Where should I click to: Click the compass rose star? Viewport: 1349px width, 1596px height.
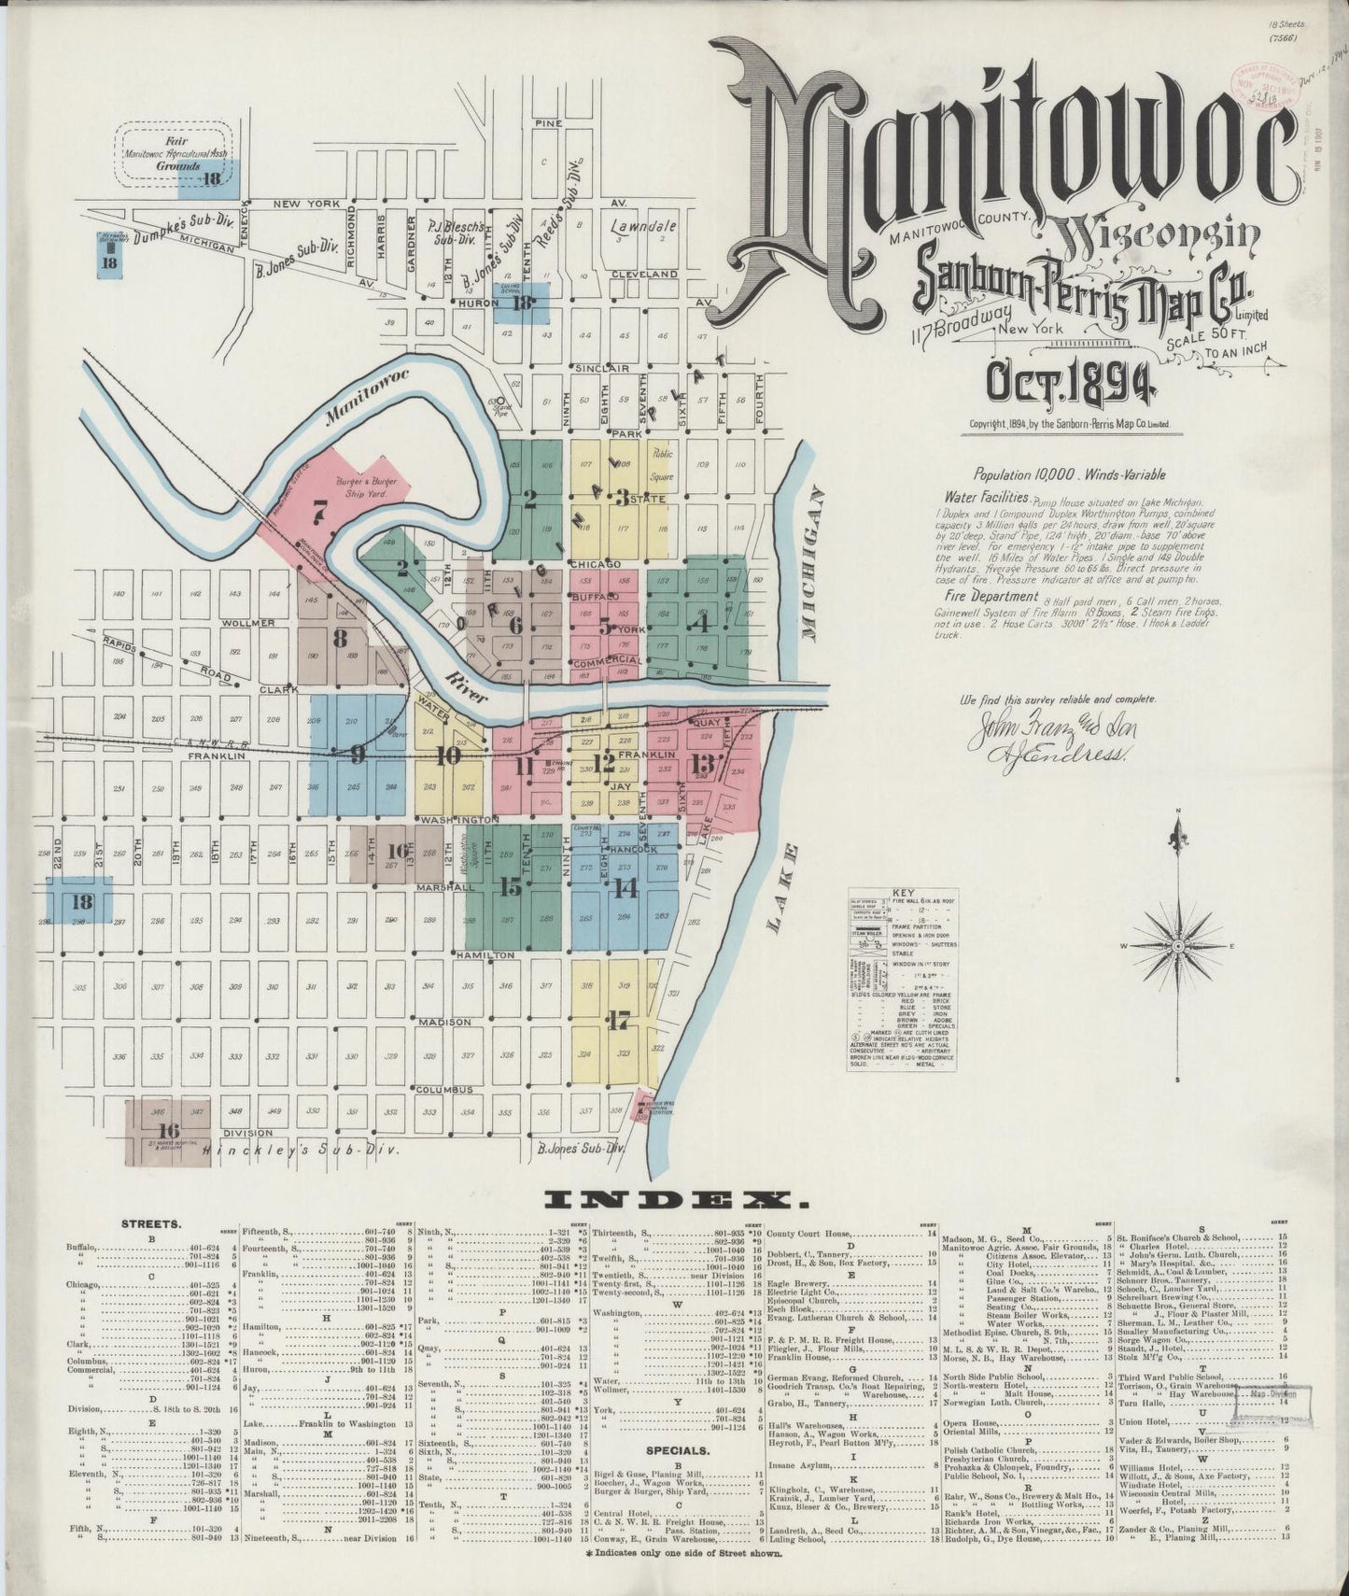(x=1177, y=945)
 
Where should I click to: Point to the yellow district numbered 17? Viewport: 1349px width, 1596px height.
(x=616, y=1020)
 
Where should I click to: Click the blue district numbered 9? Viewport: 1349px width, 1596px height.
(x=357, y=755)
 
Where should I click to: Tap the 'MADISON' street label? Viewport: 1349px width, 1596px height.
(x=444, y=1022)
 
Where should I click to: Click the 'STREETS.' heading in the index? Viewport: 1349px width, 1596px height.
(x=151, y=1223)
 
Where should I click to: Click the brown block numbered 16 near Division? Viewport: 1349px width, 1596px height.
(x=169, y=1131)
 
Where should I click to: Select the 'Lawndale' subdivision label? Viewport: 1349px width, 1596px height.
(x=643, y=226)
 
